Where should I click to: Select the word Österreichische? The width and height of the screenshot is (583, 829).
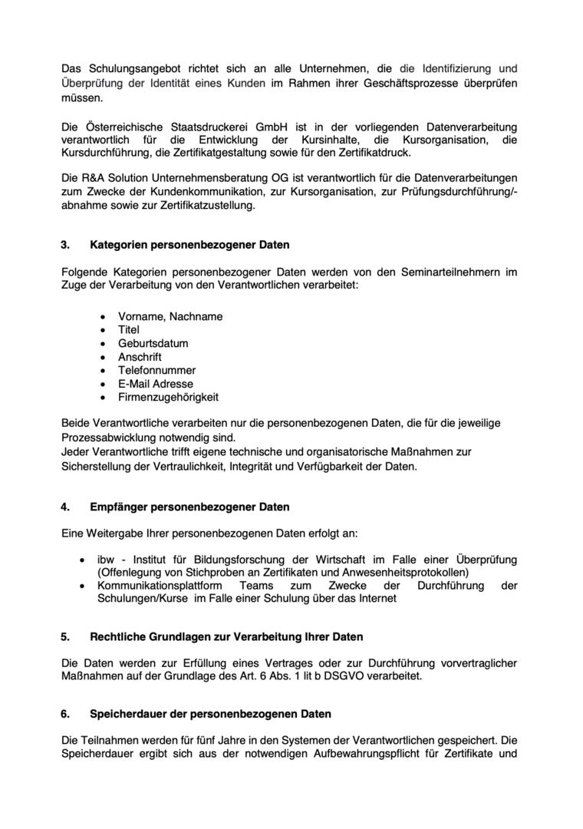pyautogui.click(x=120, y=126)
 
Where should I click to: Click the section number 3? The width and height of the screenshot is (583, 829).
pyautogui.click(x=64, y=246)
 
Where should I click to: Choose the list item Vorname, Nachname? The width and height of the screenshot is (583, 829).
pyautogui.click(x=170, y=316)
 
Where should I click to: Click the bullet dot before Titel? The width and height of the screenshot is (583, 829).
pyautogui.click(x=104, y=330)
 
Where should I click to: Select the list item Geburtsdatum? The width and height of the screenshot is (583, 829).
pyautogui.click(x=153, y=343)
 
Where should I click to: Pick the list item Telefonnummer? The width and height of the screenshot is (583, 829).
pyautogui.click(x=156, y=370)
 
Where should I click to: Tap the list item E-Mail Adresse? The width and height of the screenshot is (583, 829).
pyautogui.click(x=156, y=384)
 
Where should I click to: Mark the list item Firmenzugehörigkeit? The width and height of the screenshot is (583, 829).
pyautogui.click(x=168, y=397)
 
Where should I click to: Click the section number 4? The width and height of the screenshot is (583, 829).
pyautogui.click(x=64, y=507)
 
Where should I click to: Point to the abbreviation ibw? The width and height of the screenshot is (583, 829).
pyautogui.click(x=106, y=560)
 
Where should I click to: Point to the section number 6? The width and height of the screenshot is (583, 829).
pyautogui.click(x=64, y=714)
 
